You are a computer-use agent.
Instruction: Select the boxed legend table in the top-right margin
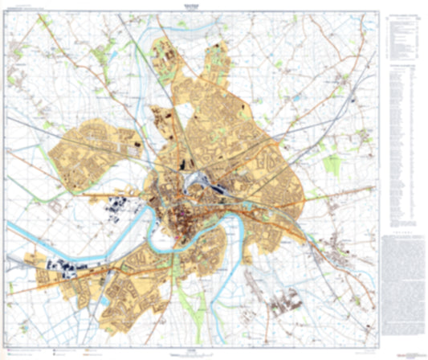coord(403,35)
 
